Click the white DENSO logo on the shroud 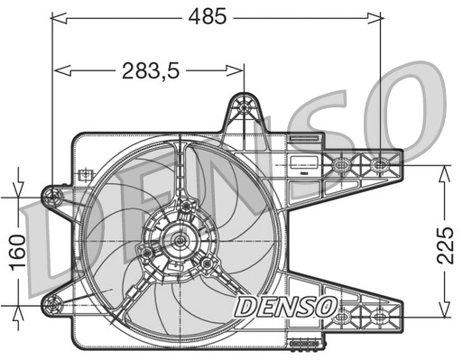click(x=285, y=307)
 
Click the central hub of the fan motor click(x=180, y=240)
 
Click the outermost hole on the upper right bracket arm click(x=380, y=165)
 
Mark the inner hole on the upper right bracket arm click(x=342, y=166)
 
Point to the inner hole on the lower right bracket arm click(x=342, y=318)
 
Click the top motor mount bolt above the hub click(x=186, y=207)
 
